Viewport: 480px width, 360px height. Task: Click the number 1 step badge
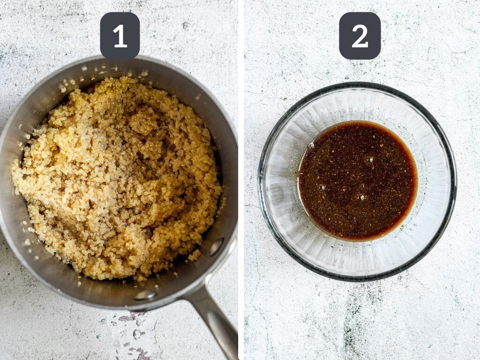tap(120, 36)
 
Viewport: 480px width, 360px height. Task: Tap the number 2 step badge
tap(360, 36)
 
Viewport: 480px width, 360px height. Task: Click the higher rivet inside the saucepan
tap(217, 247)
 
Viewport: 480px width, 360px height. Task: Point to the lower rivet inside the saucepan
tap(145, 294)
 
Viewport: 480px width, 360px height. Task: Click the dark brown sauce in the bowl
tap(358, 180)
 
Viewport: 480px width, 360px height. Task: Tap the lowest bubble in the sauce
tap(360, 197)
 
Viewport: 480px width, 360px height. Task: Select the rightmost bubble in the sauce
tap(370, 159)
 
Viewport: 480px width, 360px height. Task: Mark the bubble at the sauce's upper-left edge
tap(311, 145)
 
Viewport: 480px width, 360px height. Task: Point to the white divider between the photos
tap(241, 180)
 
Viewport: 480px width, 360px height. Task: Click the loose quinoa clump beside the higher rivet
tap(194, 255)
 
